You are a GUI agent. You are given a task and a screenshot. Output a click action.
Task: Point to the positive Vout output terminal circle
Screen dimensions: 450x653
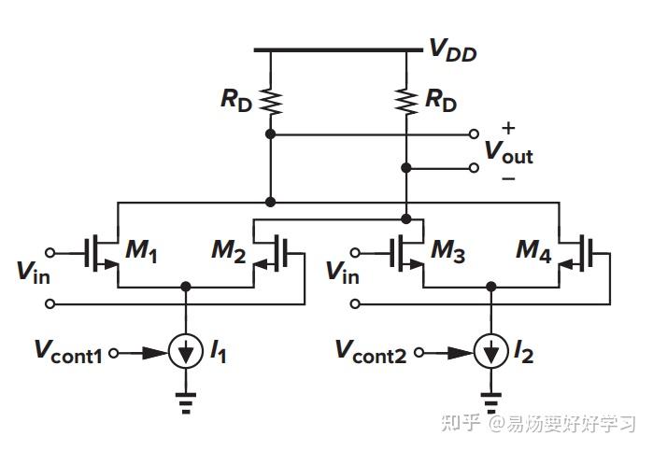point(474,134)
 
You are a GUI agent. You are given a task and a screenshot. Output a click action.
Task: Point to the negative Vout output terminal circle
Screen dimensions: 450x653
point(474,168)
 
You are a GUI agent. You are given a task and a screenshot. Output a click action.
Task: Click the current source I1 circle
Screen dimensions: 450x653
point(187,353)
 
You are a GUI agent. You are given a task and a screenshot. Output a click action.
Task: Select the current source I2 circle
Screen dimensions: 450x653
point(490,353)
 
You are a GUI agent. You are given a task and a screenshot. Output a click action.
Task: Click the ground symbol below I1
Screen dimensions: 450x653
point(187,403)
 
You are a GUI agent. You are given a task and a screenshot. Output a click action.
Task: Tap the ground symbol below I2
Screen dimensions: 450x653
point(490,403)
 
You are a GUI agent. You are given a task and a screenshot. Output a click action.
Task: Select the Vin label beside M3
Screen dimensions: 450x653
point(342,271)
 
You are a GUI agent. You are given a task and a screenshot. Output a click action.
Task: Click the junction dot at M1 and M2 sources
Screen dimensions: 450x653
point(187,287)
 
